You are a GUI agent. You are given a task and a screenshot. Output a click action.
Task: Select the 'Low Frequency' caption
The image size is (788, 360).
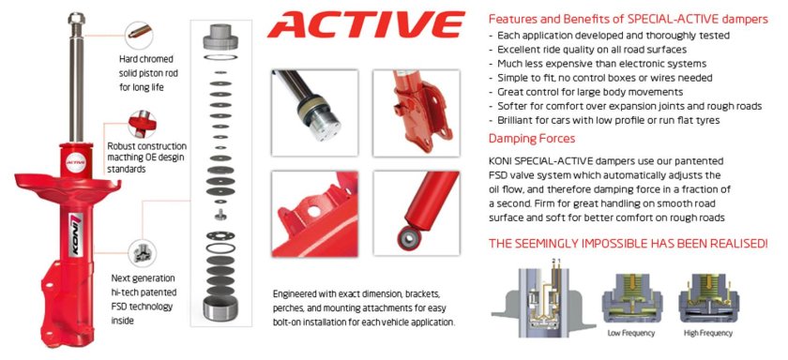(628, 334)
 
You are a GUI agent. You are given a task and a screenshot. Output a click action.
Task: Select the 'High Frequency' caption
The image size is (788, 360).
(707, 334)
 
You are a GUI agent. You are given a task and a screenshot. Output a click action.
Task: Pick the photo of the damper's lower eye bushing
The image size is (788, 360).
(412, 217)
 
